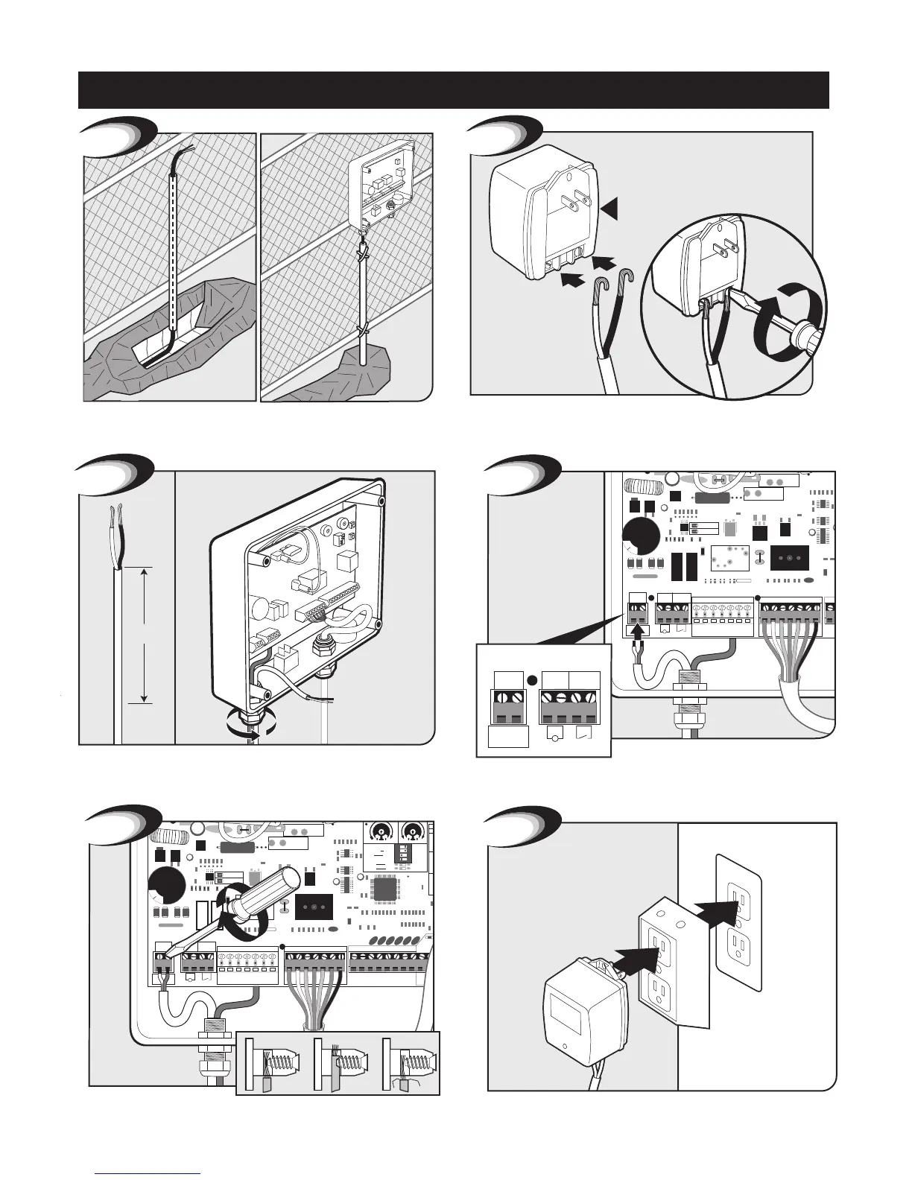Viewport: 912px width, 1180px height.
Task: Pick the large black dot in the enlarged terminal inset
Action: point(533,679)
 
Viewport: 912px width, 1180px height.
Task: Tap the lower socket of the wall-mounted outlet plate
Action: point(738,949)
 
